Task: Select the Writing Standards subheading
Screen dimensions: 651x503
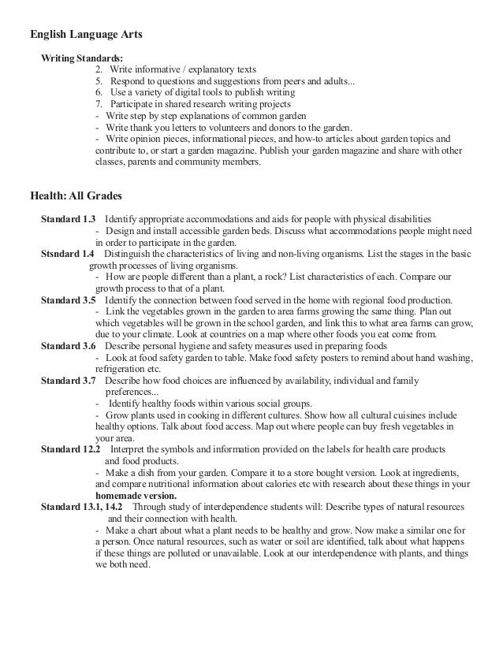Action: click(82, 58)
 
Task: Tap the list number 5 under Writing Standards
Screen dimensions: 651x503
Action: click(99, 81)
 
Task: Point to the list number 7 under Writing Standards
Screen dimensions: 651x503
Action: click(99, 104)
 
